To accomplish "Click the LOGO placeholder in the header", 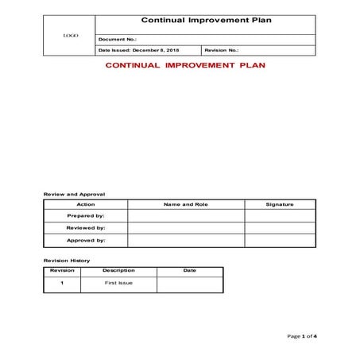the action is click(x=70, y=36).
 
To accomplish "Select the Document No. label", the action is click(x=117, y=38).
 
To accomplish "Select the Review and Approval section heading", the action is click(x=73, y=194).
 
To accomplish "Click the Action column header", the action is click(x=85, y=204).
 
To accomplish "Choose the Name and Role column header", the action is click(x=185, y=204).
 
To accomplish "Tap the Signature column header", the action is click(x=280, y=204).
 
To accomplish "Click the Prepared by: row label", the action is click(x=85, y=215).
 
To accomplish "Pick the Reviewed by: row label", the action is click(x=85, y=227).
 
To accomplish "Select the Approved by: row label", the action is click(x=85, y=240).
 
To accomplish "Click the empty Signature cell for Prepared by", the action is click(x=280, y=215).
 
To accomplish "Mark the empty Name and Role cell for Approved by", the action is click(x=185, y=240).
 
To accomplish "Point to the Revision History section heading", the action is click(x=66, y=261).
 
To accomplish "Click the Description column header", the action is click(x=118, y=270).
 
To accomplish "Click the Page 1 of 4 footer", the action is click(x=302, y=336).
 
